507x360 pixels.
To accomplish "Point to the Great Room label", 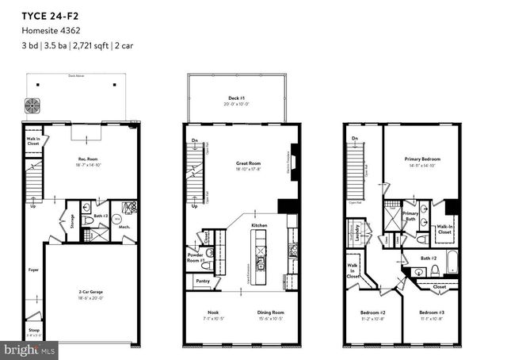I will (x=248, y=163).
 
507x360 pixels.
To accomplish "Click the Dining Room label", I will (x=271, y=313).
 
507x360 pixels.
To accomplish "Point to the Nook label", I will (x=212, y=313).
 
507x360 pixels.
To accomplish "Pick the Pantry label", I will (x=201, y=281).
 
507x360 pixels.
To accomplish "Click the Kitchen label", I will (x=259, y=226).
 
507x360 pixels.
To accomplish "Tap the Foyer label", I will (x=32, y=270).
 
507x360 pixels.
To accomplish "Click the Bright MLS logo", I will (x=30, y=348).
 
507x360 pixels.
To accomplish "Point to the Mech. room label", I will (x=124, y=227).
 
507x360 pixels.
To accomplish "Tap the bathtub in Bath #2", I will (x=451, y=262).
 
